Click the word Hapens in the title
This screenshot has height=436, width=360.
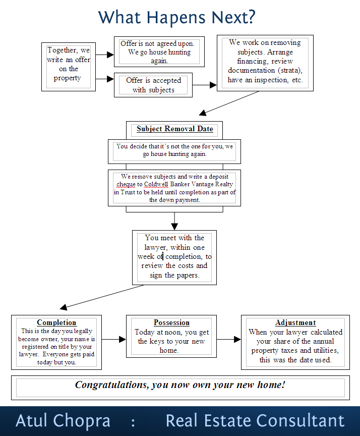176,18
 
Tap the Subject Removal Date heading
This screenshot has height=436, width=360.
175,129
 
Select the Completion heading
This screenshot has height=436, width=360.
56,322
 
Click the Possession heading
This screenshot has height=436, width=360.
171,322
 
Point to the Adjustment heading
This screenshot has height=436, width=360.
295,322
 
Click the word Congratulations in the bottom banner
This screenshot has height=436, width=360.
112,385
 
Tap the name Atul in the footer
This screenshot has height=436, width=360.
31,420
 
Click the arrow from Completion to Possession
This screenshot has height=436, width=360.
114,339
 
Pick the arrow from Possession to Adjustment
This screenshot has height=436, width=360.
228,339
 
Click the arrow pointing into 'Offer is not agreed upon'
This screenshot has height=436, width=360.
105,55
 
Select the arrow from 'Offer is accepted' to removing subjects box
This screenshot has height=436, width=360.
204,85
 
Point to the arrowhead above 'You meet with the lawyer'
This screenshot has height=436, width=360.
174,227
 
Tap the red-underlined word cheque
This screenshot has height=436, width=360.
126,184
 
